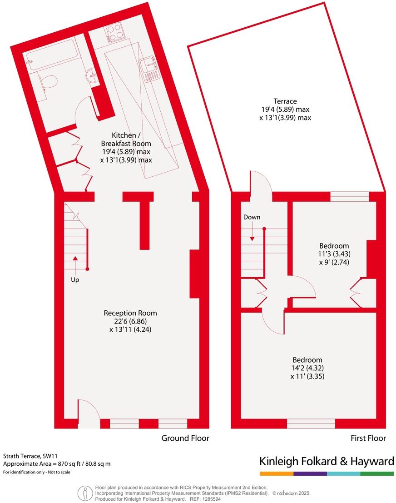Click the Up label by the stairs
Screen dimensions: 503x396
coord(75,280)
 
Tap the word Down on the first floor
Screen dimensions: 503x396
coord(252,217)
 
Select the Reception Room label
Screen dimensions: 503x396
coord(130,313)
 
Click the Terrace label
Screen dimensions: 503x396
coord(285,101)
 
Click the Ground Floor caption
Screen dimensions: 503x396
coord(185,438)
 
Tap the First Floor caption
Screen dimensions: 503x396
coord(368,438)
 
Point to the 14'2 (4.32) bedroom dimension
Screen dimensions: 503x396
coord(307,368)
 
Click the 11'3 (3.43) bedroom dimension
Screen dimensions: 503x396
coord(334,254)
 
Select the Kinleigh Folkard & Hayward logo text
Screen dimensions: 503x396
coord(327,462)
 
